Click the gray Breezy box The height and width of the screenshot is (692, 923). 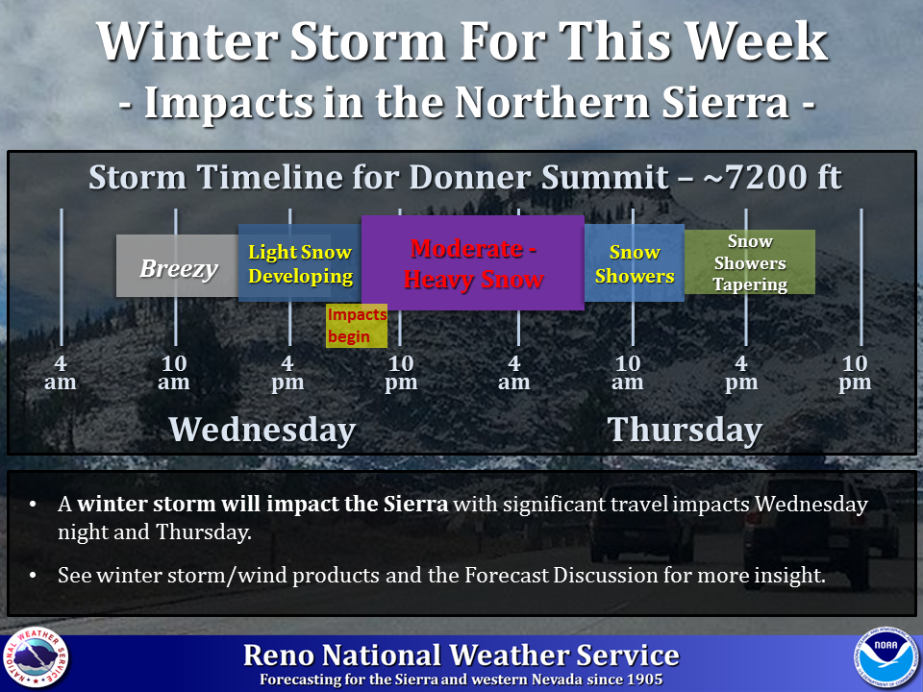coord(177,266)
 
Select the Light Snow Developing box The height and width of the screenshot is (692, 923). coord(300,263)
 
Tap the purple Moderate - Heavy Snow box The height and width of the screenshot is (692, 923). coord(473,262)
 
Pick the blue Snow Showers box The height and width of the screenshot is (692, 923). coord(635,263)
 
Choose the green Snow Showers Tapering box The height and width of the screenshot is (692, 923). coord(750,261)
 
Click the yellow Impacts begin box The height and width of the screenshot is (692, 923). coord(357,326)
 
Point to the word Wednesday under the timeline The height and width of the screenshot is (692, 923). coord(262,430)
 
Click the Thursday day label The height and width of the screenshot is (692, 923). coord(685,430)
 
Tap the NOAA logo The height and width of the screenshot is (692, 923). coord(886,656)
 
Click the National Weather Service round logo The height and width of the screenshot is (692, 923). coord(36,657)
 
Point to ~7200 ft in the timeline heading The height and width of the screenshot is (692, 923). coord(772,177)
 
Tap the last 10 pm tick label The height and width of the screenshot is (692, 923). coord(855,373)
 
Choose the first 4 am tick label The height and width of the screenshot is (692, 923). coord(61,373)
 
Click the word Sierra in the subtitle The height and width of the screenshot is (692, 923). coord(725,103)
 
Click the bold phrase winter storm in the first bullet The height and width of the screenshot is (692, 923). coord(145,505)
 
